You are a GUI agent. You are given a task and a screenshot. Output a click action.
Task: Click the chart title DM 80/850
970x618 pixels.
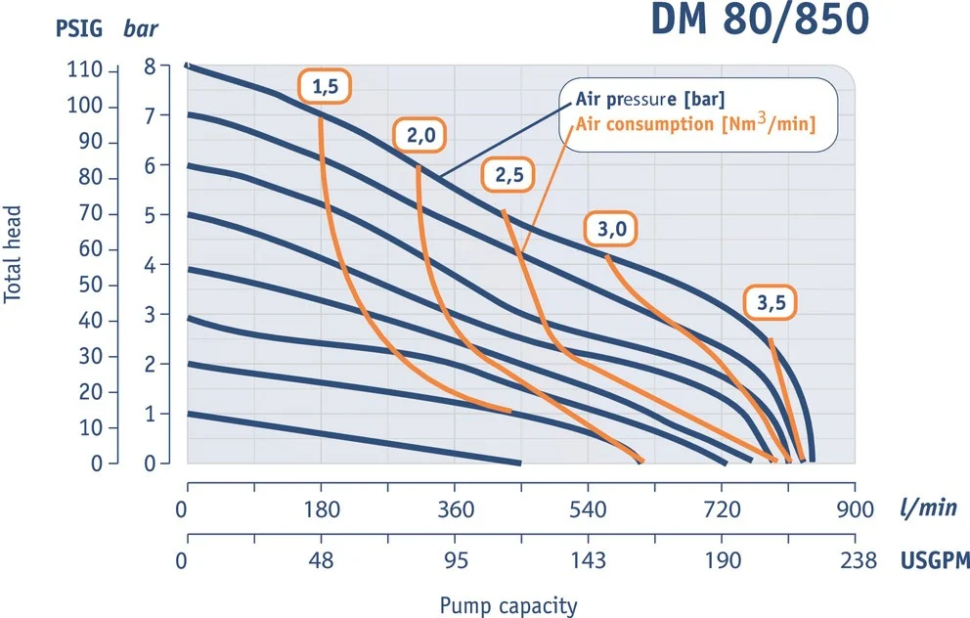(x=759, y=23)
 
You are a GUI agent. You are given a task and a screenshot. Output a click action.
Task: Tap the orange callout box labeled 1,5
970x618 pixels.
(x=325, y=87)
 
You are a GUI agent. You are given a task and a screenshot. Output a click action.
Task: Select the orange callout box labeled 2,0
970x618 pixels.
(x=420, y=136)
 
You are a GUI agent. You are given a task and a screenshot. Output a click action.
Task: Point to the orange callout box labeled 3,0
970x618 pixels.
(x=611, y=230)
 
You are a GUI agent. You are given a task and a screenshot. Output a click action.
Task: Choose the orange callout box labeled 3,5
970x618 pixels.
(x=771, y=302)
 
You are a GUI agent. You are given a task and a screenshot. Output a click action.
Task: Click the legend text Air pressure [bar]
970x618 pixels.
(x=648, y=99)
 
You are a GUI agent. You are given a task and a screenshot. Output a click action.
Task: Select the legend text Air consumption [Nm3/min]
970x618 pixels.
(x=695, y=124)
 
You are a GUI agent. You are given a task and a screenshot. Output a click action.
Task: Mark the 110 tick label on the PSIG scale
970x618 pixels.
(x=85, y=71)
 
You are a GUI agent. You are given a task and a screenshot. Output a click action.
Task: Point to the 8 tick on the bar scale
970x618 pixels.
(x=150, y=67)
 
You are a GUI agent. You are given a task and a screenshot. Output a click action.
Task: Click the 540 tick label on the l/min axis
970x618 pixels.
(x=588, y=509)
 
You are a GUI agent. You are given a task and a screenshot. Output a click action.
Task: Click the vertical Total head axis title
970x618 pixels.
(x=14, y=253)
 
